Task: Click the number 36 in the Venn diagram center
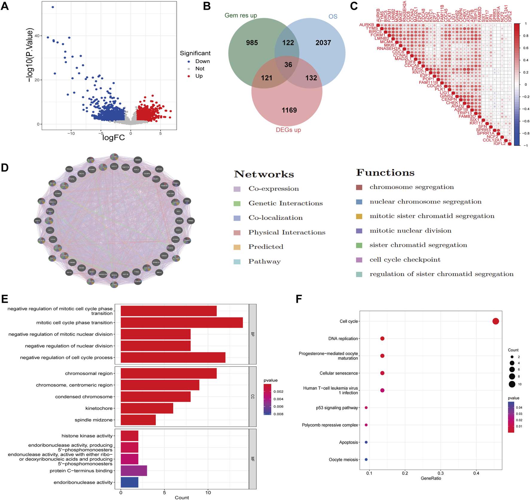point(288,65)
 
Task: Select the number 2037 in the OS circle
point(323,43)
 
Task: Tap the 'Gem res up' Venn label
point(240,15)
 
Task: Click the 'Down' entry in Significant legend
point(202,61)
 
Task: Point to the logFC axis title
point(113,138)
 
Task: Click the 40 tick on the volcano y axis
point(37,36)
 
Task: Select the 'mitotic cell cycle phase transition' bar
point(182,323)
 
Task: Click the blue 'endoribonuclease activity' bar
point(129,482)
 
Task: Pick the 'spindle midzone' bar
point(138,420)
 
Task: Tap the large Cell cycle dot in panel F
point(495,321)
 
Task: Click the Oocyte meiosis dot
point(366,459)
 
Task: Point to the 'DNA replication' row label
point(343,338)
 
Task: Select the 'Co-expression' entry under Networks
point(273,189)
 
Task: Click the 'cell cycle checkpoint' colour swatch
point(359,260)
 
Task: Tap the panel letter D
point(5,168)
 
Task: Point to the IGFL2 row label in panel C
point(499,144)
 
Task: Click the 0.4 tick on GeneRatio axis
point(476,473)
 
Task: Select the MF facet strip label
point(252,459)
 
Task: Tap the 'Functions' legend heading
point(385,173)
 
